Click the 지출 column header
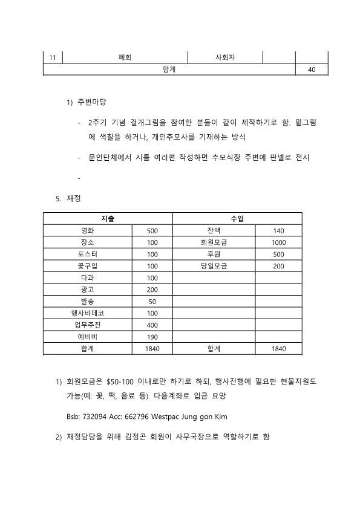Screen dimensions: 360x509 coord(108,218)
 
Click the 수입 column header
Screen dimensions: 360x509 coord(237,218)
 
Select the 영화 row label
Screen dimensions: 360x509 coord(87,230)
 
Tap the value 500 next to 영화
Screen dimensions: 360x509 coord(152,230)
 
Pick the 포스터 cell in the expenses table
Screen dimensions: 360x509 coord(87,254)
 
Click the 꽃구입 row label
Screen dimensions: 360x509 coord(87,266)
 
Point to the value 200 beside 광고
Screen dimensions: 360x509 coord(152,290)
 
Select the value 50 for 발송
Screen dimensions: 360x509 coord(152,301)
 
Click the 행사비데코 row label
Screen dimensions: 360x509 coord(87,313)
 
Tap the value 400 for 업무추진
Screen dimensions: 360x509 coord(152,325)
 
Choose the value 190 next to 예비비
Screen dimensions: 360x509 coord(152,337)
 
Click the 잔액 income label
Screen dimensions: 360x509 coord(214,230)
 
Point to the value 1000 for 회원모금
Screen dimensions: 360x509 coord(278,242)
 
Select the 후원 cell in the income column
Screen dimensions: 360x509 coord(214,254)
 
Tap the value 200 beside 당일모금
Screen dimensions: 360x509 coord(278,266)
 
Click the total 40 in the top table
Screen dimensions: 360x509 coord(312,70)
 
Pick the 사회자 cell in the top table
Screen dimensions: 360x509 coord(225,58)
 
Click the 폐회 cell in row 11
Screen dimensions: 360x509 coord(125,58)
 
